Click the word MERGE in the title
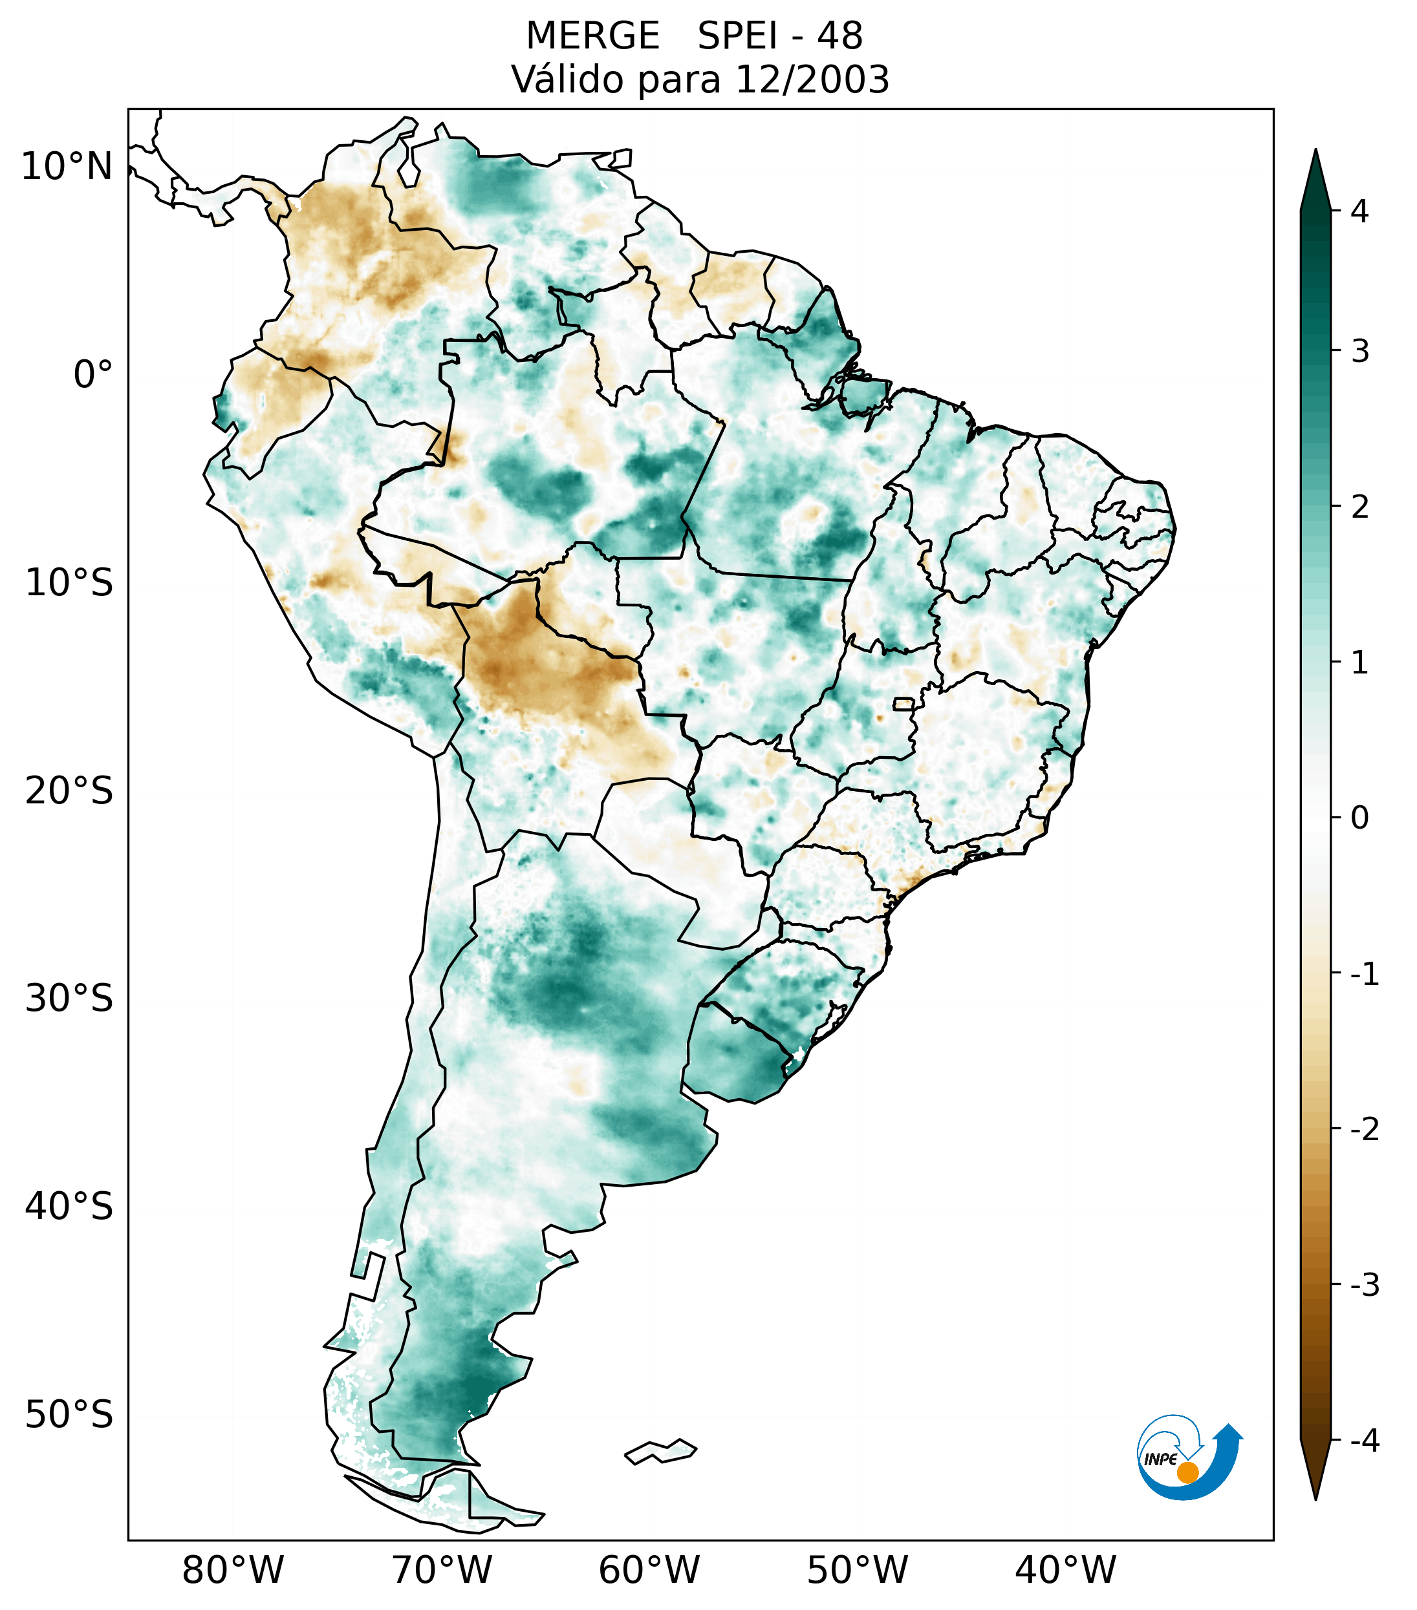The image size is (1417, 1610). [592, 36]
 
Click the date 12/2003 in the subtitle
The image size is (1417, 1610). [811, 79]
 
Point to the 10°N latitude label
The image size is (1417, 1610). [66, 167]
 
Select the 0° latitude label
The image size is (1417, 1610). [93, 375]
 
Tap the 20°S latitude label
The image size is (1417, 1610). [69, 791]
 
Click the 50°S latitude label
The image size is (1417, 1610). [69, 1415]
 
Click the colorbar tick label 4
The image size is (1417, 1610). [1359, 211]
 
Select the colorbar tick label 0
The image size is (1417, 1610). [1359, 818]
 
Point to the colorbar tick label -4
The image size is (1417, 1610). [1364, 1441]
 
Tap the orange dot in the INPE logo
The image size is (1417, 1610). [1187, 1472]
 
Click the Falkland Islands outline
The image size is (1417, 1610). [660, 1451]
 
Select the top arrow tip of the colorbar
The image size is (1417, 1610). [1315, 151]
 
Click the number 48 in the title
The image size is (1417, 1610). [839, 36]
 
